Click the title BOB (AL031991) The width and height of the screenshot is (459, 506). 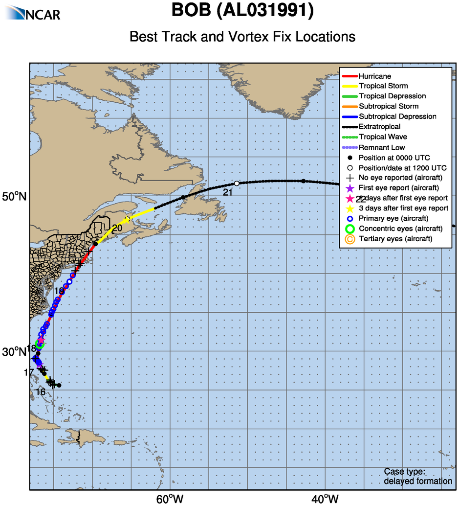pyautogui.click(x=242, y=11)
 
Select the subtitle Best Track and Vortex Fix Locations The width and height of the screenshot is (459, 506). pyautogui.click(x=242, y=37)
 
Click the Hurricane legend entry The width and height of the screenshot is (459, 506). pyautogui.click(x=374, y=76)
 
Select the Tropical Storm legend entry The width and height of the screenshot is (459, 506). pyautogui.click(x=383, y=86)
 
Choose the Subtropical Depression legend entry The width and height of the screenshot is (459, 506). pyautogui.click(x=397, y=116)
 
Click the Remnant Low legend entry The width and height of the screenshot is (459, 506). pyautogui.click(x=381, y=147)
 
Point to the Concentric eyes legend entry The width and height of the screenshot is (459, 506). pyautogui.click(x=400, y=229)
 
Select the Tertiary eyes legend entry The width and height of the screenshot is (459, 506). pyautogui.click(x=395, y=239)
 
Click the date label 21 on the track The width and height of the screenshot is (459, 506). pyautogui.click(x=227, y=193)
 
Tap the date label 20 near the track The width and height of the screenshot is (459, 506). pyautogui.click(x=117, y=229)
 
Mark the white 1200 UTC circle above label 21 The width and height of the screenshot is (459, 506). pyautogui.click(x=237, y=184)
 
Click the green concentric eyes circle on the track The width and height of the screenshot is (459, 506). pyautogui.click(x=40, y=345)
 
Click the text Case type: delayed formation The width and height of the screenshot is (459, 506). pyautogui.click(x=418, y=477)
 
